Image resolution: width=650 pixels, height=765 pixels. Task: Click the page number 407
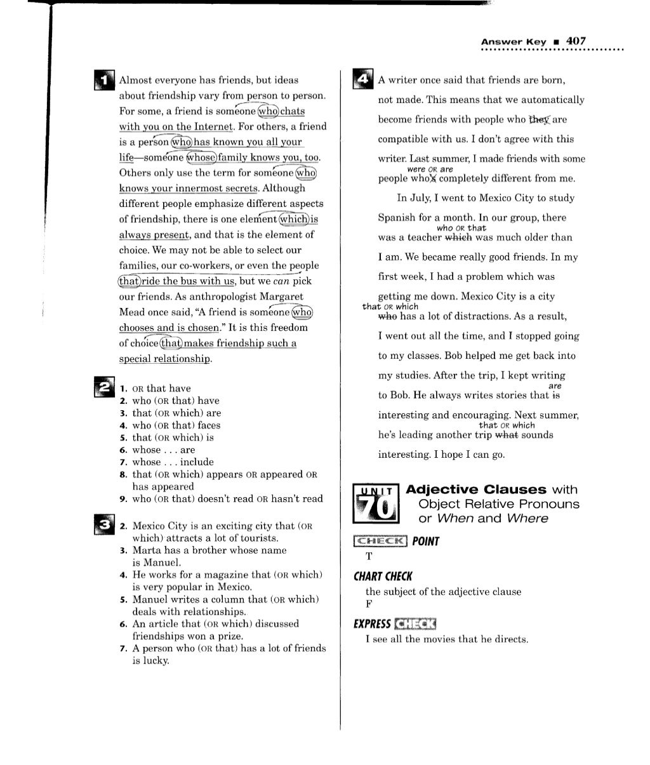pos(576,41)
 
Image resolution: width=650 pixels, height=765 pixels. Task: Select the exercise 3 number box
pos(102,524)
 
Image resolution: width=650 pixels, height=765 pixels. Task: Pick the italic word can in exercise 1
pos(282,281)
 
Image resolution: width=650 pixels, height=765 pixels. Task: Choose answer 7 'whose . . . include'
pos(173,462)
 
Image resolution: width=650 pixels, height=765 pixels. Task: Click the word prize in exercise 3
pos(230,636)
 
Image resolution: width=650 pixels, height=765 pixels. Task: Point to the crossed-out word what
pos(506,435)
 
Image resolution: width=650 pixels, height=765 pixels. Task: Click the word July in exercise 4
pos(420,198)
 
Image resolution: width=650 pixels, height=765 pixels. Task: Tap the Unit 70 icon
pos(376,504)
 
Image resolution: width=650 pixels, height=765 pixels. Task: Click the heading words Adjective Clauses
pos(475,489)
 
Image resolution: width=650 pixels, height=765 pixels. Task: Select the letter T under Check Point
pos(369,557)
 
